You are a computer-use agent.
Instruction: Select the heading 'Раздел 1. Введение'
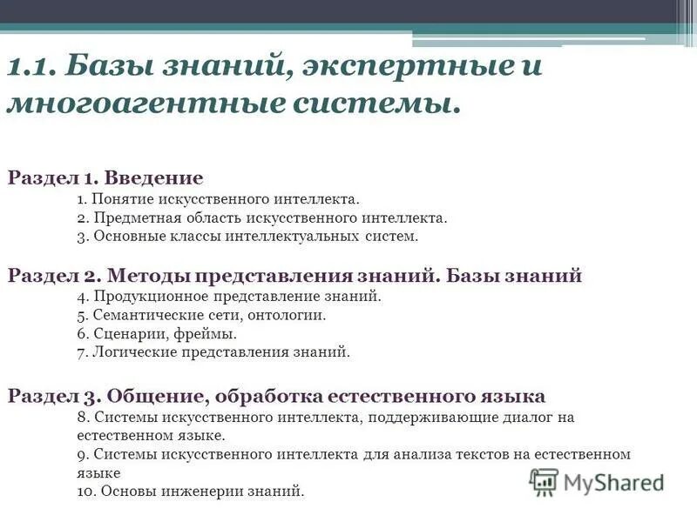point(105,177)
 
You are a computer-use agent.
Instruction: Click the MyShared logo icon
point(545,481)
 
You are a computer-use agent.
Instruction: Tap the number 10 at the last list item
point(85,491)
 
